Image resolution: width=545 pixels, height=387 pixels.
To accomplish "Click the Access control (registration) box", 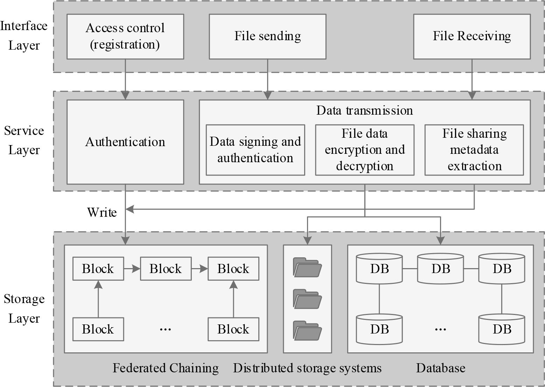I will click(125, 36).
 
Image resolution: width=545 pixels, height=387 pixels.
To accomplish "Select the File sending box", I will click(267, 36).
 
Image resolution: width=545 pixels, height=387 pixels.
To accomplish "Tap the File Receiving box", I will click(471, 36).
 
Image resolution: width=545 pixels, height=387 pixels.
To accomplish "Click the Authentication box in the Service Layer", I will click(125, 142).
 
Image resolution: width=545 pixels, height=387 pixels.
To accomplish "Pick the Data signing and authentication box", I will click(255, 150).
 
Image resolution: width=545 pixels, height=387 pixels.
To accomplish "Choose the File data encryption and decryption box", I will click(364, 150).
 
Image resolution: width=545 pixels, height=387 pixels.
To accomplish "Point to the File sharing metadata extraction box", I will click(474, 150).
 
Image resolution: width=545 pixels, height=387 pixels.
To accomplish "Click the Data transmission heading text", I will click(364, 110).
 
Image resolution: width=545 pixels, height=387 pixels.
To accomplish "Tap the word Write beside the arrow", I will click(102, 212).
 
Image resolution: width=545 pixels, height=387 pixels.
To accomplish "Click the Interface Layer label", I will click(23, 36).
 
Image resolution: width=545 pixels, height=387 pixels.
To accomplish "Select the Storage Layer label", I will click(24, 309).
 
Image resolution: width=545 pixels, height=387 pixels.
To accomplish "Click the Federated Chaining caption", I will click(166, 368).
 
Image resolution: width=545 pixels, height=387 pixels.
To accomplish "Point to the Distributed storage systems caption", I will click(307, 368).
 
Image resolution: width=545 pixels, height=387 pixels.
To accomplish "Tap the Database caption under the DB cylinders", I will click(440, 368).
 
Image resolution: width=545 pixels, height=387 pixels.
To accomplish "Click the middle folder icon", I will click(307, 299).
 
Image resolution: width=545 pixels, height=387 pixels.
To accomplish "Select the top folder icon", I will click(307, 267).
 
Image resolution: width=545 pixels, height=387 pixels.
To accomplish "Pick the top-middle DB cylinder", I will click(440, 268).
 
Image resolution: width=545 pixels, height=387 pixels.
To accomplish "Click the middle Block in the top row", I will click(166, 268).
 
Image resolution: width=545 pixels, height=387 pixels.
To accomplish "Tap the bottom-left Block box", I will click(98, 329).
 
